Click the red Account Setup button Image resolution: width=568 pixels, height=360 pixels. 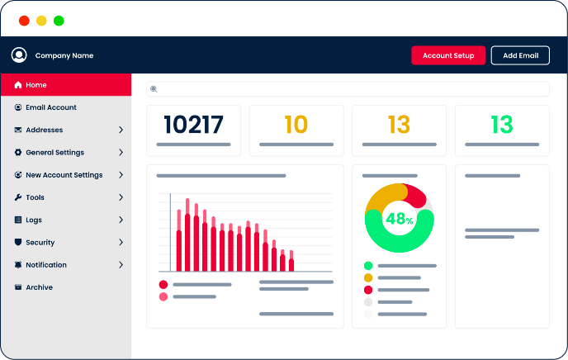click(448, 55)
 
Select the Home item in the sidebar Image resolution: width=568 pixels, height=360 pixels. click(35, 85)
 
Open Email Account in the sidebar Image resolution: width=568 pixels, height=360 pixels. click(50, 107)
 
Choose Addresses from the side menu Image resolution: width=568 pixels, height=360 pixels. click(44, 130)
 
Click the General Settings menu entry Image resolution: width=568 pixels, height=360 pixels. click(54, 153)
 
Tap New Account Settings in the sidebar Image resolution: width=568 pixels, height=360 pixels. click(64, 175)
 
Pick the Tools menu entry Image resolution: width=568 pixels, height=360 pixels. click(35, 197)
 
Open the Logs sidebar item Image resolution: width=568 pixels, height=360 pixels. click(33, 220)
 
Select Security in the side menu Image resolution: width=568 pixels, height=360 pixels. click(40, 243)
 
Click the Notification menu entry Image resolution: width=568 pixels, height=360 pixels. click(45, 265)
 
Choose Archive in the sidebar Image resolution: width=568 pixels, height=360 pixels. click(39, 287)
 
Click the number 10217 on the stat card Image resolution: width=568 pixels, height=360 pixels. click(193, 125)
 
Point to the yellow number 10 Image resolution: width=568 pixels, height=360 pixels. click(296, 125)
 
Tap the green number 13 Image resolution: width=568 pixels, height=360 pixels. click(501, 125)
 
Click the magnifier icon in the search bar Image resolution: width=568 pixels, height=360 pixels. click(154, 89)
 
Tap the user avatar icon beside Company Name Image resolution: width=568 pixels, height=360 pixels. click(19, 55)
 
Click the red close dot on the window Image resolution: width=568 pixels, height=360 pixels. click(24, 21)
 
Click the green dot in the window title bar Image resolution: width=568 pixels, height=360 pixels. click(59, 21)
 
